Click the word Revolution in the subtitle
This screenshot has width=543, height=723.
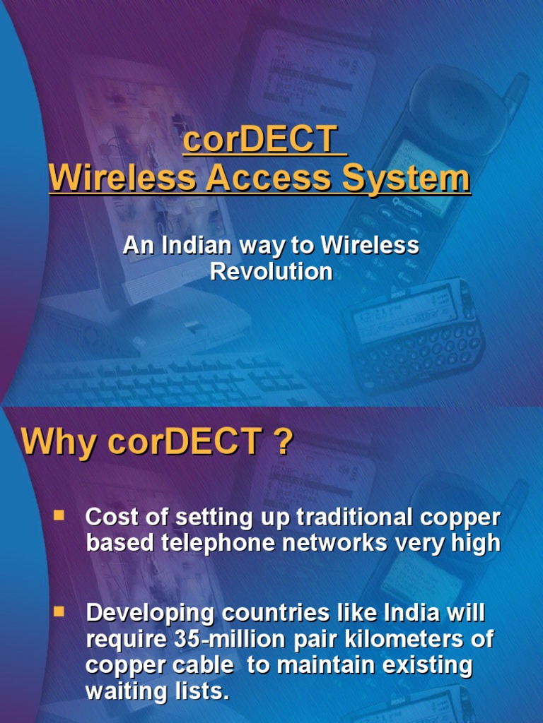click(271, 271)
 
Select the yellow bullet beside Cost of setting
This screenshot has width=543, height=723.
click(59, 516)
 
